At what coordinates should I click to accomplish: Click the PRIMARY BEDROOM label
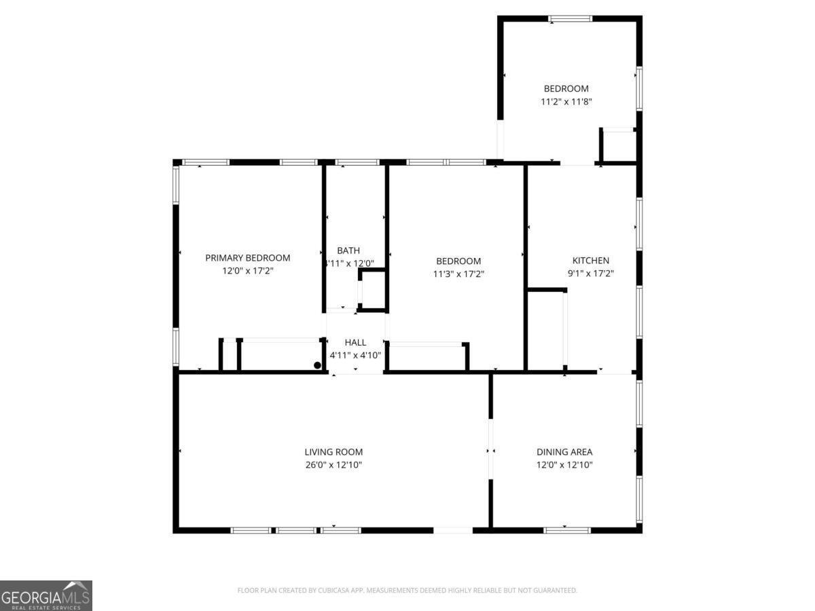247,258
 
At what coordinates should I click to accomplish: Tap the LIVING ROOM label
333,452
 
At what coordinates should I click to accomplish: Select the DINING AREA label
564,452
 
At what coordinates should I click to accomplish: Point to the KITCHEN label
591,261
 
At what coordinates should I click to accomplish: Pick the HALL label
355,343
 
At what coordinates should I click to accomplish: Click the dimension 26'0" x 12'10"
333,465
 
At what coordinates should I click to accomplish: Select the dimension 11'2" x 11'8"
566,102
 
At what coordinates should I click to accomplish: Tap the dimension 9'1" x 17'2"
591,274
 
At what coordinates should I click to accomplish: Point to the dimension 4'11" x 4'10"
355,355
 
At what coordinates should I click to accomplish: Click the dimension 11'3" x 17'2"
458,274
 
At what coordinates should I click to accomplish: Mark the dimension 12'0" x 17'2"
247,271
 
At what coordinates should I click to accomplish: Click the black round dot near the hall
317,365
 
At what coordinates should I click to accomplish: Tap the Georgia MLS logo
46,595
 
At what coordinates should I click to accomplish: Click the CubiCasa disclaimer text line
407,591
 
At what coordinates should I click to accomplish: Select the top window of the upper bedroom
570,18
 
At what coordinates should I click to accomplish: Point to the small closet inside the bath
372,291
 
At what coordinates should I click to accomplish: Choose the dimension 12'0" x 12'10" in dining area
564,465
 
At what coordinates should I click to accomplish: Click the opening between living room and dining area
490,449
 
